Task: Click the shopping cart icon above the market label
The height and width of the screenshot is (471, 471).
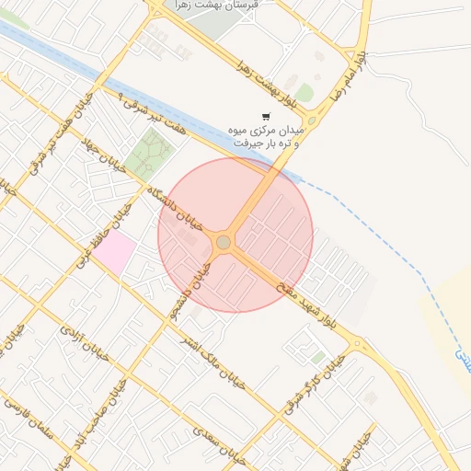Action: [266, 117]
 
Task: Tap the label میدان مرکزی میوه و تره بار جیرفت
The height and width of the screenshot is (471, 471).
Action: [265, 137]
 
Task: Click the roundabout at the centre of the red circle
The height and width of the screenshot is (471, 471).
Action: [224, 242]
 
